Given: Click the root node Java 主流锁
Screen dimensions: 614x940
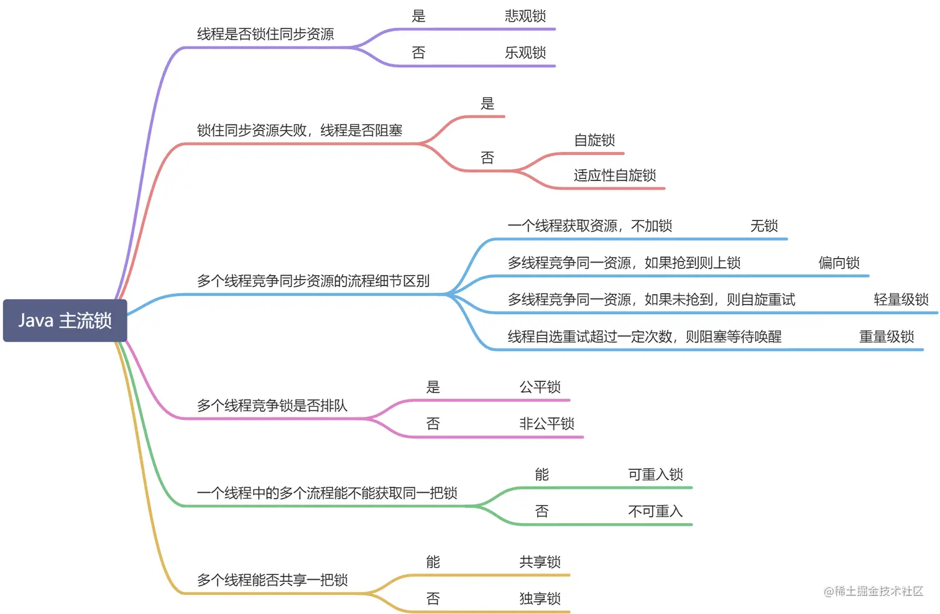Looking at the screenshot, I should pyautogui.click(x=65, y=320).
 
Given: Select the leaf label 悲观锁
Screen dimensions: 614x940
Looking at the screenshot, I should pyautogui.click(x=525, y=16).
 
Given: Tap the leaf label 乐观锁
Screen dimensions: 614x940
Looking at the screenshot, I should pyautogui.click(x=525, y=53).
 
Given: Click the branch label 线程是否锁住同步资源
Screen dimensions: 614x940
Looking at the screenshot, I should pyautogui.click(x=265, y=34).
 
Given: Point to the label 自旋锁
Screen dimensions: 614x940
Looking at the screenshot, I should pyautogui.click(x=594, y=141).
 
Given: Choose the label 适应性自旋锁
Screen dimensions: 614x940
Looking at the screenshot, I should pyautogui.click(x=615, y=175).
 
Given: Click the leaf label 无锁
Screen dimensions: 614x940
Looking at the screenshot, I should pyautogui.click(x=764, y=226).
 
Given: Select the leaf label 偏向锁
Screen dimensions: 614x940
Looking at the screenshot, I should pyautogui.click(x=839, y=263).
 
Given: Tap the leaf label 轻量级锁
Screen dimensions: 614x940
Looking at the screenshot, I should pyautogui.click(x=901, y=300).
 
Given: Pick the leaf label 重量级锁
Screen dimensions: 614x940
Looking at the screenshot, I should pyautogui.click(x=887, y=337).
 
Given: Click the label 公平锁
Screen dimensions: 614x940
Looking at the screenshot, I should pyautogui.click(x=540, y=388).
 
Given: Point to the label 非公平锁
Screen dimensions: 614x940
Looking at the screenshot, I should pyautogui.click(x=547, y=424).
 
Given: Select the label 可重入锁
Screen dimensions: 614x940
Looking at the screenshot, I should pyautogui.click(x=656, y=475).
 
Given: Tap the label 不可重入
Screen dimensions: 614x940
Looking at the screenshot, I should pyautogui.click(x=656, y=511).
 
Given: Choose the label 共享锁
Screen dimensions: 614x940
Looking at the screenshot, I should pyautogui.click(x=540, y=562).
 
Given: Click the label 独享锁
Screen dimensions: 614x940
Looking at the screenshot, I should pyautogui.click(x=540, y=599).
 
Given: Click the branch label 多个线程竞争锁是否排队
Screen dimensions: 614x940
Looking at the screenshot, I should pyautogui.click(x=272, y=406).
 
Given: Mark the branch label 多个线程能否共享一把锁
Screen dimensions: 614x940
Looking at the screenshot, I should pyautogui.click(x=272, y=580).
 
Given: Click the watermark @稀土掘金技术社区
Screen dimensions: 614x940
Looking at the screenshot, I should pyautogui.click(x=873, y=592).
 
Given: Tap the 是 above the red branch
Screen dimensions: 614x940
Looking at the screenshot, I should pyautogui.click(x=487, y=104).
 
